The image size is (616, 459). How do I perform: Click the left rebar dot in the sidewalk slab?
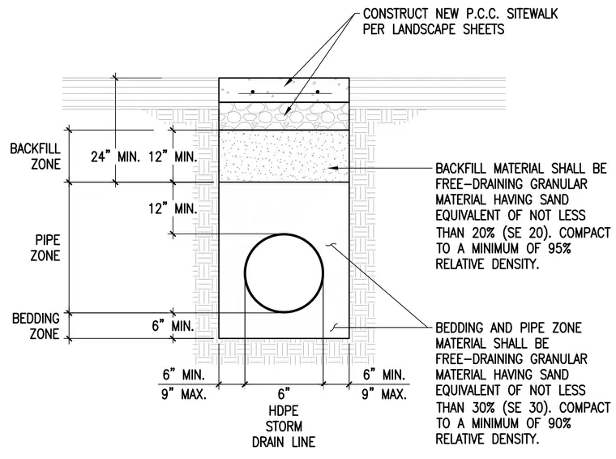253,92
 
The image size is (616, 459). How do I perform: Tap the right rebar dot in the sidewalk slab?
318,92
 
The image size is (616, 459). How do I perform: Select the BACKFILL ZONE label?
36,157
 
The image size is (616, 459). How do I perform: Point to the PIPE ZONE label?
45,248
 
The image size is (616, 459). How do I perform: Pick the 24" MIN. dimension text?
115,157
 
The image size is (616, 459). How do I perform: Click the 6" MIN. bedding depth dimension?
173,326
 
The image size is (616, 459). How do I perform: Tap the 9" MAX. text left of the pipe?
184,394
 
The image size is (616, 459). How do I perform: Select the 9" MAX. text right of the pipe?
384,394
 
